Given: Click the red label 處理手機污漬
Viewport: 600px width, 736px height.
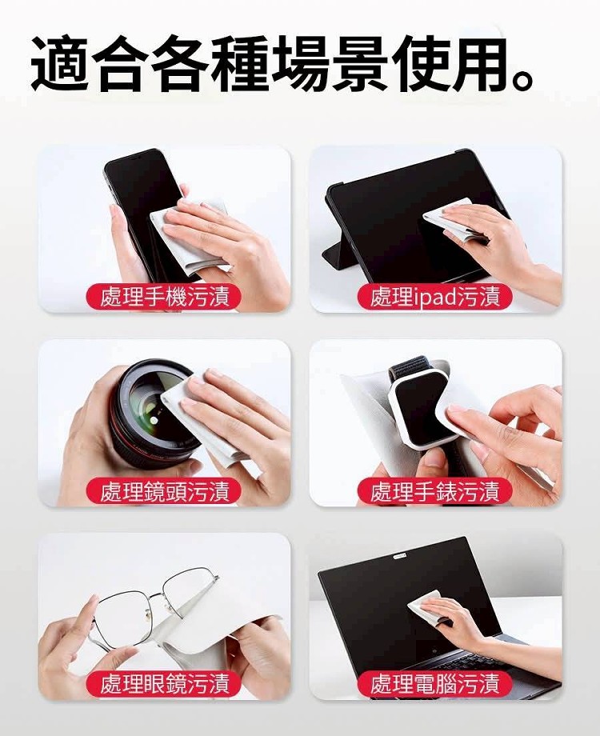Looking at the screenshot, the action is pyautogui.click(x=164, y=297).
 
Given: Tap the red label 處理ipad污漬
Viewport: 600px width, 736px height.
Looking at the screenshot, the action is pyautogui.click(x=434, y=297).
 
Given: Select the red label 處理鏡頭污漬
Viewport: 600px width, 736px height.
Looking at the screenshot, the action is pyautogui.click(x=164, y=490).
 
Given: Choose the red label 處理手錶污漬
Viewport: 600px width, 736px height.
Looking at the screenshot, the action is pyautogui.click(x=434, y=490).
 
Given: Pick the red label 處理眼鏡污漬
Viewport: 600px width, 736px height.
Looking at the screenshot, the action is pyautogui.click(x=164, y=683).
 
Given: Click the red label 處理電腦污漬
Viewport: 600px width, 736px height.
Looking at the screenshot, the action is pyautogui.click(x=434, y=683).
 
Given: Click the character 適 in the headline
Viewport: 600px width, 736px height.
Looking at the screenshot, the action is pyautogui.click(x=60, y=63).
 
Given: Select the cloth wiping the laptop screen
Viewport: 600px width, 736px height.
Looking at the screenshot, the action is pyautogui.click(x=426, y=605).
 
